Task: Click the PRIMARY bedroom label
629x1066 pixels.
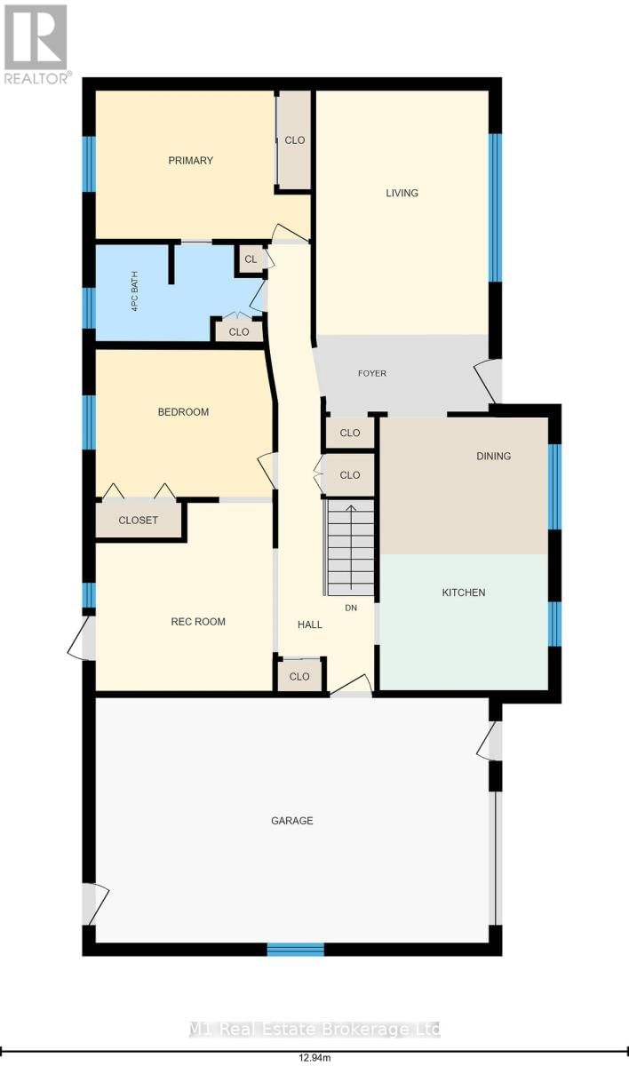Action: [191, 161]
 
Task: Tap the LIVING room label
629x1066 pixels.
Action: [402, 193]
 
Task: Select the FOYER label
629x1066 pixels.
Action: [372, 373]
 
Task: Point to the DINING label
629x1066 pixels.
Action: [493, 456]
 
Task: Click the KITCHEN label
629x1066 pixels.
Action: [464, 592]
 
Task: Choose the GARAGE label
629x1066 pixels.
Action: [292, 821]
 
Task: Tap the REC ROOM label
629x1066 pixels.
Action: [198, 622]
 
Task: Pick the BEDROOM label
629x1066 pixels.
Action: [183, 412]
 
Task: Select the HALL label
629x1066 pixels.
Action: [310, 624]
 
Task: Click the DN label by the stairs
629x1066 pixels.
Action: [350, 608]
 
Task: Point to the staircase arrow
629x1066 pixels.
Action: [350, 546]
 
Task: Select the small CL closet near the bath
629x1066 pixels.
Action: [251, 259]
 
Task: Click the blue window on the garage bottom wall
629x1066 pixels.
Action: [296, 950]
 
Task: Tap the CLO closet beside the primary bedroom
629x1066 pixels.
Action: [295, 140]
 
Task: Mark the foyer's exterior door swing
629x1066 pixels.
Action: [487, 380]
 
